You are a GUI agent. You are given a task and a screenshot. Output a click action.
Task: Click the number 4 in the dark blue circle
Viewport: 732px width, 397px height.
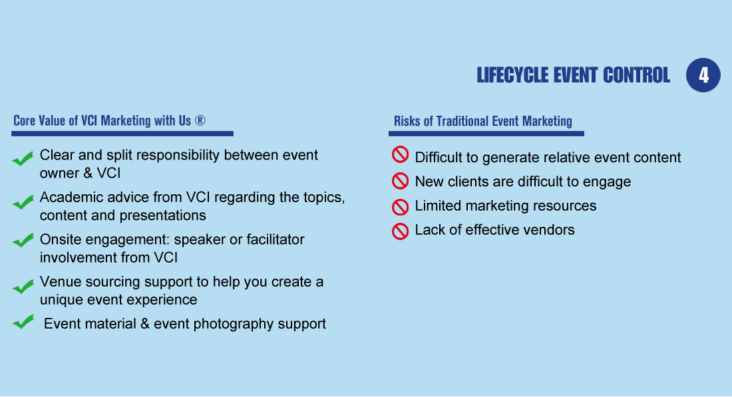(x=703, y=75)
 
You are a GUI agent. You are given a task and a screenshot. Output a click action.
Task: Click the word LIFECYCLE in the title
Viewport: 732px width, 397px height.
(x=512, y=75)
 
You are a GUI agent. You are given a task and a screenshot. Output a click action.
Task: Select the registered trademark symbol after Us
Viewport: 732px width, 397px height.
(x=200, y=120)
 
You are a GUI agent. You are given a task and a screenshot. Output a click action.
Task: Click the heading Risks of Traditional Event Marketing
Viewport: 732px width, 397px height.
(x=482, y=121)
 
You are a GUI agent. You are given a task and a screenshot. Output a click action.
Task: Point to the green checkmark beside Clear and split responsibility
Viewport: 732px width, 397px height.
(x=23, y=159)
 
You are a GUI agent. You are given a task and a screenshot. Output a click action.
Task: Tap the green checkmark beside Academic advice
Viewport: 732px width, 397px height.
(x=23, y=202)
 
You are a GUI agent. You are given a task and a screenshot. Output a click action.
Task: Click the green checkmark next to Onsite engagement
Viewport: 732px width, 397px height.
(x=23, y=240)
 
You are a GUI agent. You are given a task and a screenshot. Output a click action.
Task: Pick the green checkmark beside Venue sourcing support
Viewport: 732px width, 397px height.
(x=23, y=286)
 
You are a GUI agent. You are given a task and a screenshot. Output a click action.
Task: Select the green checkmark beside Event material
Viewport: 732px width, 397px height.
(x=23, y=321)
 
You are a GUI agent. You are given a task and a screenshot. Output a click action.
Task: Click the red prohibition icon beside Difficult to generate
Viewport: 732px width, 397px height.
(x=400, y=154)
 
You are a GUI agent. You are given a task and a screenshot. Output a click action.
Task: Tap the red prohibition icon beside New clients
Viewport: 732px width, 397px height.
(x=400, y=181)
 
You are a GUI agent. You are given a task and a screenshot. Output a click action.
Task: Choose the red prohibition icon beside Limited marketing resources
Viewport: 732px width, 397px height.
(x=400, y=207)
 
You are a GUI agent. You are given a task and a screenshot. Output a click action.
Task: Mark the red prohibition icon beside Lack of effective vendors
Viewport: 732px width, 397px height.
(x=400, y=231)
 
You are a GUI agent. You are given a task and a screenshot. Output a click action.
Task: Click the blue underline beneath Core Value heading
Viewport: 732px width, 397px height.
(x=122, y=134)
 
